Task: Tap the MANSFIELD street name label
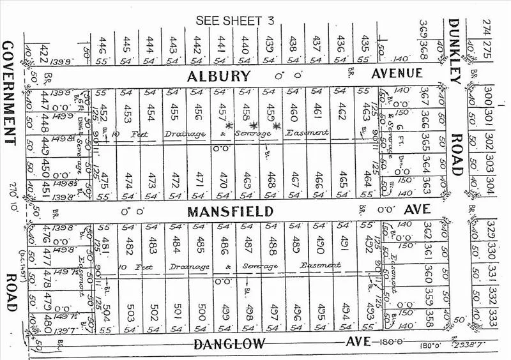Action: point(222,211)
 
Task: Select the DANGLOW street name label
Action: point(230,345)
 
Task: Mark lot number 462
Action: point(342,108)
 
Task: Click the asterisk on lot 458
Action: point(254,125)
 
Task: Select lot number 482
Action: point(130,244)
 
